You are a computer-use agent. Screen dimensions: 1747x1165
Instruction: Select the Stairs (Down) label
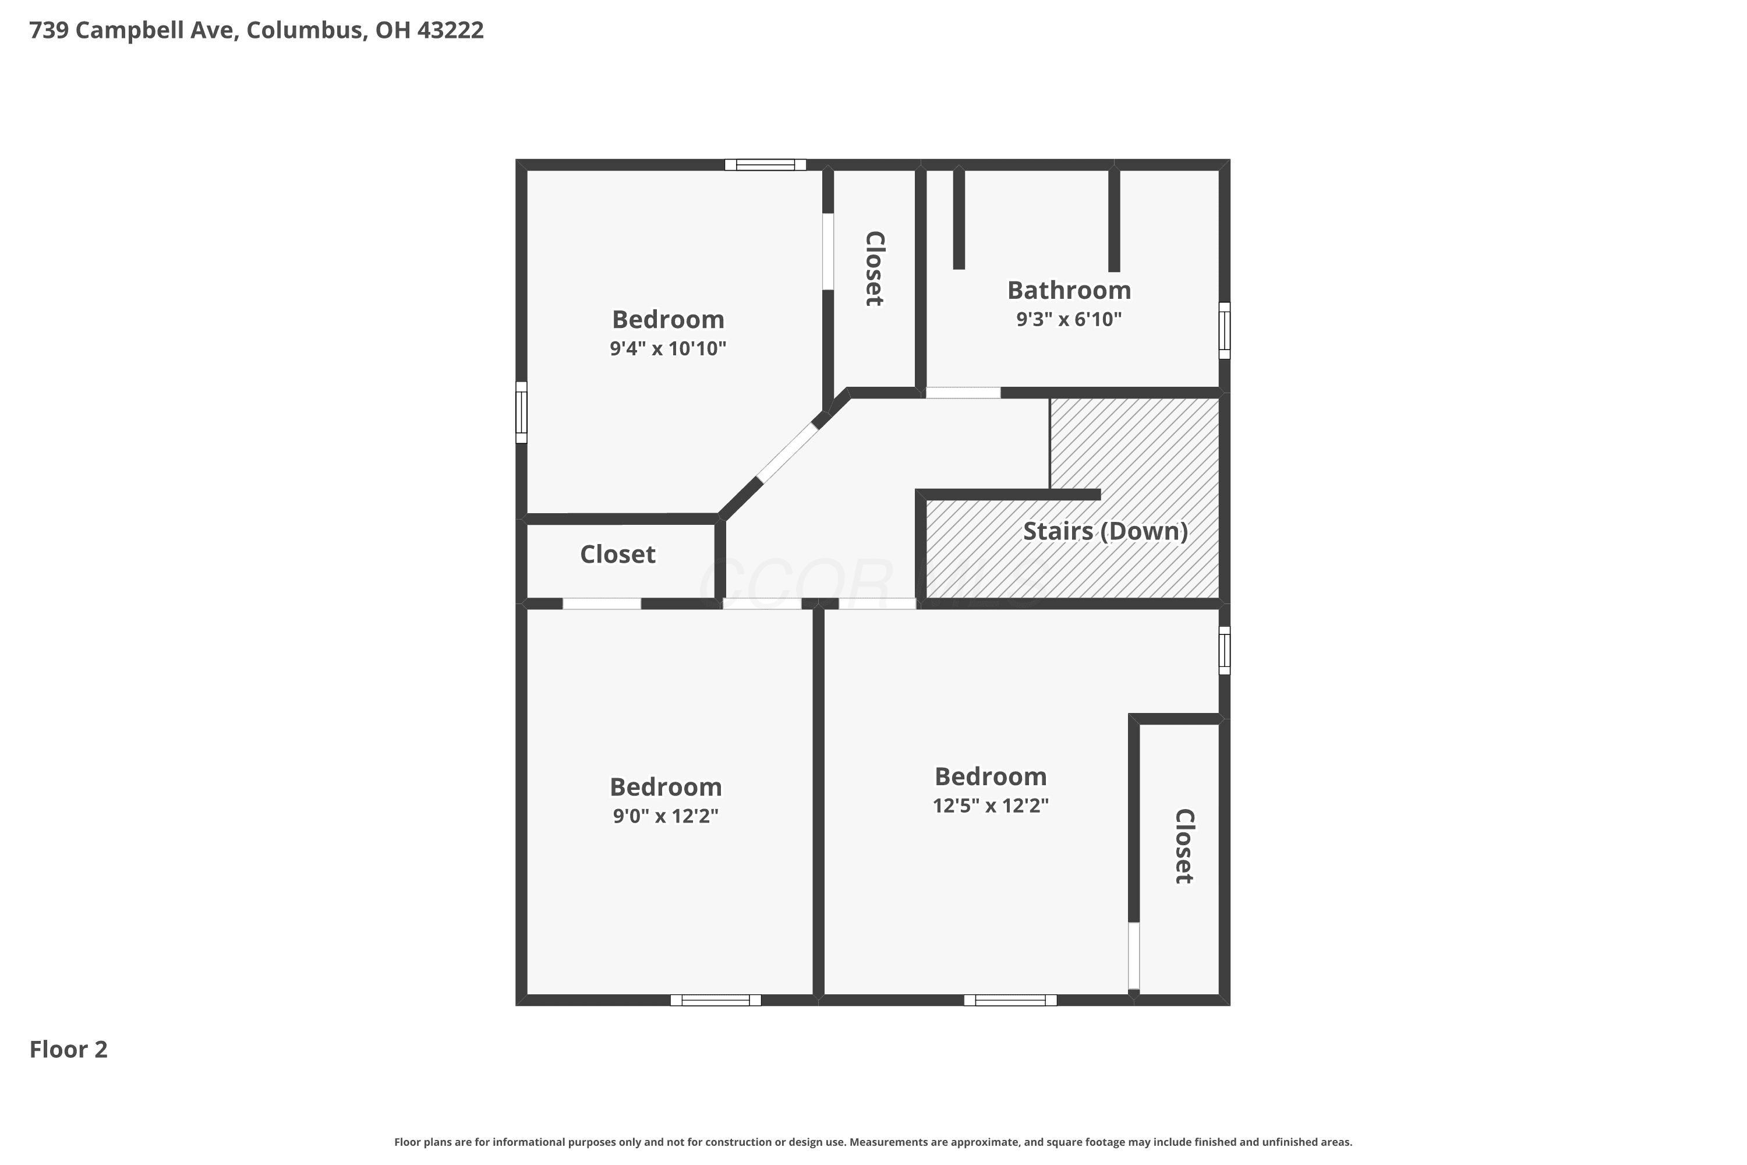tap(1105, 531)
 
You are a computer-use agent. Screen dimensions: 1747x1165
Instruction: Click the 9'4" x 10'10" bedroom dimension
tap(668, 348)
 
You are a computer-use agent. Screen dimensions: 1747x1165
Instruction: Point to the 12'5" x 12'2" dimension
tap(991, 806)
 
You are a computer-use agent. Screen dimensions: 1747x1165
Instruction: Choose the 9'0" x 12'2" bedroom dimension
tap(666, 816)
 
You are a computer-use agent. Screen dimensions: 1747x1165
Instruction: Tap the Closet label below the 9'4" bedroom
tap(617, 555)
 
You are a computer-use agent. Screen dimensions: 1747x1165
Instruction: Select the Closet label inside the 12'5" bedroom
tap(1184, 846)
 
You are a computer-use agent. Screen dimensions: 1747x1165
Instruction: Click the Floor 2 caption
tap(68, 1049)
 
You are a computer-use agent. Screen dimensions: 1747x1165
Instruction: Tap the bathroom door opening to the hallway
tap(963, 392)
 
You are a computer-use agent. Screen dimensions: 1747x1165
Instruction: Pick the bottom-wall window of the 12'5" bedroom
tap(1010, 1000)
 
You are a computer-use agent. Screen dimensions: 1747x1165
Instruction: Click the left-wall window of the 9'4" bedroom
tap(521, 412)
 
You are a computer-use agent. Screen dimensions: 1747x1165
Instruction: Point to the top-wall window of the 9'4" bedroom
tap(765, 165)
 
